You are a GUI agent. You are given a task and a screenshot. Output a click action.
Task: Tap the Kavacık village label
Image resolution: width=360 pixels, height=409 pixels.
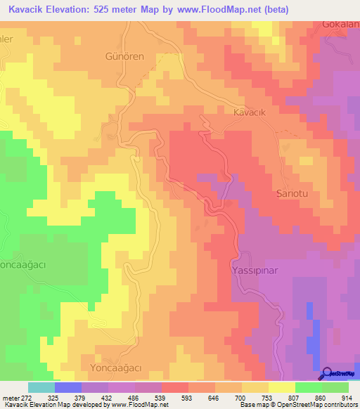coord(252,111)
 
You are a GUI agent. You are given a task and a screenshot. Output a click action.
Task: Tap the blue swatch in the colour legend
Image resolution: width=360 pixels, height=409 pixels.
coord(67,387)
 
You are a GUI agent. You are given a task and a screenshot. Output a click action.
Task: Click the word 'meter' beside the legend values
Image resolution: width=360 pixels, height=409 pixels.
coord(11,398)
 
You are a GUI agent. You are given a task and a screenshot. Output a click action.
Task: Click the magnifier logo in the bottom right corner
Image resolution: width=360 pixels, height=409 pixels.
coord(326,374)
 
